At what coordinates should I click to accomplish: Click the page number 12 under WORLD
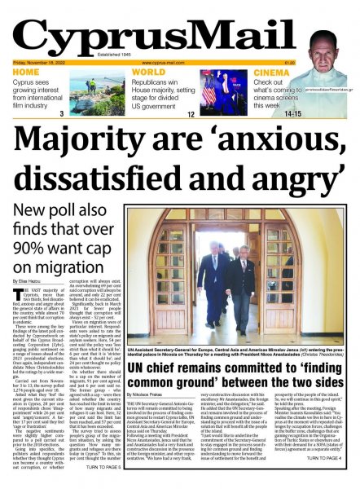point(191,115)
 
